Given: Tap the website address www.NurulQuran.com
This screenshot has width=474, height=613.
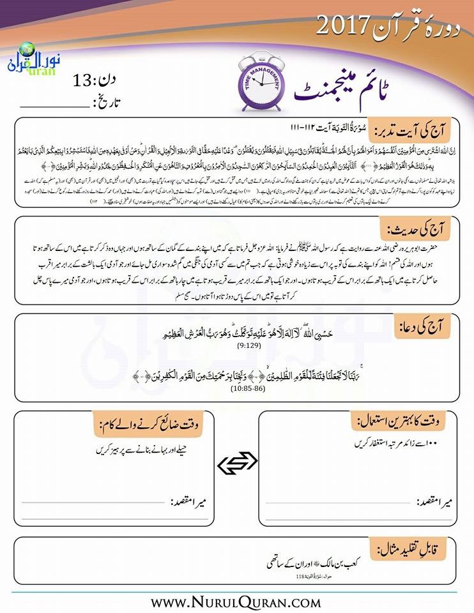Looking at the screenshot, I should (x=236, y=602).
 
